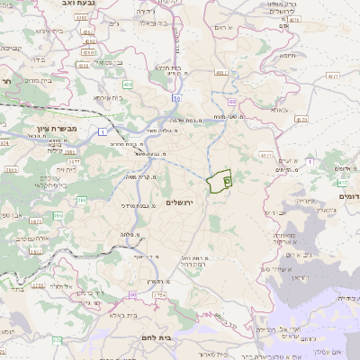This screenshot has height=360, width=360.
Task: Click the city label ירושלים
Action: pos(180,204)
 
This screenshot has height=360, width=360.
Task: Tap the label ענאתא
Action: pos(278,110)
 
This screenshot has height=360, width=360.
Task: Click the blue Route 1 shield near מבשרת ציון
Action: pos(105,131)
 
